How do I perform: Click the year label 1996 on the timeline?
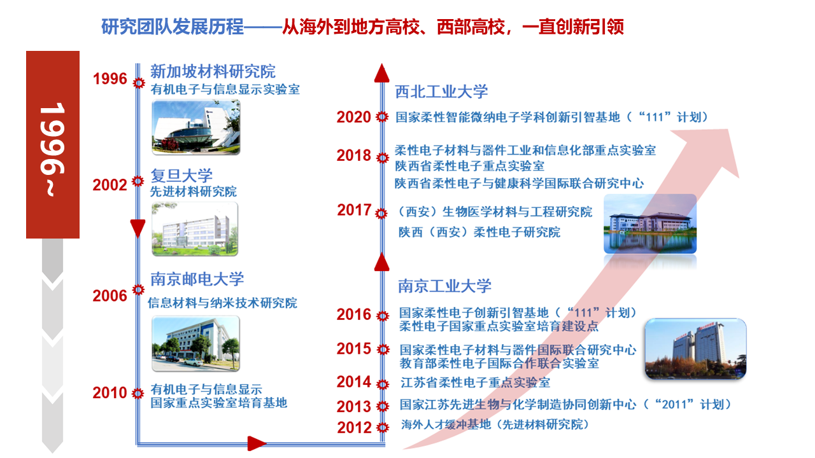pos(110,79)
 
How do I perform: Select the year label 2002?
pos(110,185)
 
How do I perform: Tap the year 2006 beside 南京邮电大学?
pos(110,296)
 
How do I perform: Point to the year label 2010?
pos(110,393)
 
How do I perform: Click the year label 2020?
pos(353,117)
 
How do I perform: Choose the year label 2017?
pos(354,210)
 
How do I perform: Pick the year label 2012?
pos(354,427)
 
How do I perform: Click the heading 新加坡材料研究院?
pos(213,71)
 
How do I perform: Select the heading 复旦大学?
pos(181,176)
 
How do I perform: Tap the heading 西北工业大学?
pos(441,92)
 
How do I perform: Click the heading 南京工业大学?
pos(444,286)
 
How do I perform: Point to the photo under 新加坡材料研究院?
pos(195,127)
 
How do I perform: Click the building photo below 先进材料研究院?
pos(195,229)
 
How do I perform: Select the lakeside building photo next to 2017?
pos(650,224)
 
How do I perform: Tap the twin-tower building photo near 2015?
pos(695,349)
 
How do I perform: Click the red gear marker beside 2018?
pos(383,158)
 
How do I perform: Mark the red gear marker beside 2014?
pos(383,384)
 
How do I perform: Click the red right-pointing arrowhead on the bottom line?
pos(257,443)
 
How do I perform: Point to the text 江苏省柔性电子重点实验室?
pos(475,382)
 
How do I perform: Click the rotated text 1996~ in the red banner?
pos(53,149)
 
